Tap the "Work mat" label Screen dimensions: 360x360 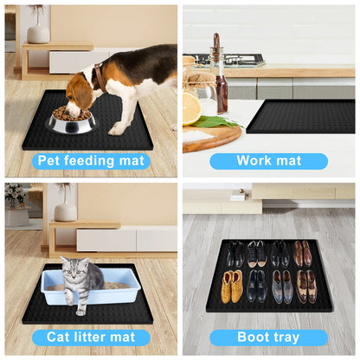pos(268,161)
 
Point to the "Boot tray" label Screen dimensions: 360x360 pos(268,337)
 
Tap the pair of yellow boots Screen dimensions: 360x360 pos(231,286)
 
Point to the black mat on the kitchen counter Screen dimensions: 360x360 pos(299,116)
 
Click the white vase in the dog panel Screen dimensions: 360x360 pos(37,34)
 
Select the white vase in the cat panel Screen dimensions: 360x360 pos(66,210)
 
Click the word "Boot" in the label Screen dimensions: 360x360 pos(247,337)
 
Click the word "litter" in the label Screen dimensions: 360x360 pos(88,337)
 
